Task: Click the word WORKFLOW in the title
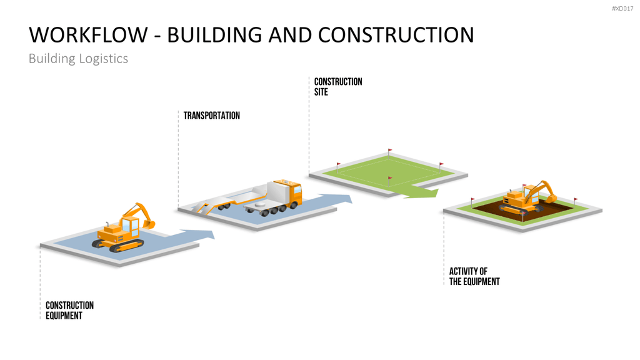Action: pyautogui.click(x=88, y=35)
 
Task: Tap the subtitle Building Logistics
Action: pyautogui.click(x=78, y=59)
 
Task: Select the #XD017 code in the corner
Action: pyautogui.click(x=622, y=9)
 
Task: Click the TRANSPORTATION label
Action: pyautogui.click(x=211, y=116)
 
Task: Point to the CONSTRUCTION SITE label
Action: pyautogui.click(x=338, y=86)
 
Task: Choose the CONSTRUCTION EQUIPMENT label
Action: pyautogui.click(x=69, y=311)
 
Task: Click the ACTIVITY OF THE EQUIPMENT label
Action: pyautogui.click(x=474, y=276)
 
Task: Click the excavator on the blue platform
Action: pyautogui.click(x=123, y=228)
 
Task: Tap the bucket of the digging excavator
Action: pyautogui.click(x=551, y=198)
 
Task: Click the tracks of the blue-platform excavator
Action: pyautogui.click(x=117, y=245)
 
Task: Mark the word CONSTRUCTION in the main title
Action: pyautogui.click(x=396, y=35)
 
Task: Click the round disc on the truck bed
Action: pyautogui.click(x=260, y=204)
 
